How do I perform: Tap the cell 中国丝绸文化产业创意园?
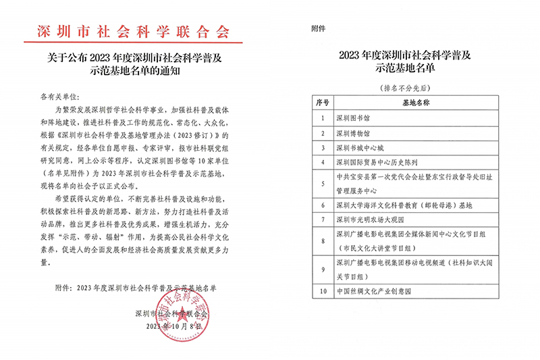(x=373, y=291)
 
